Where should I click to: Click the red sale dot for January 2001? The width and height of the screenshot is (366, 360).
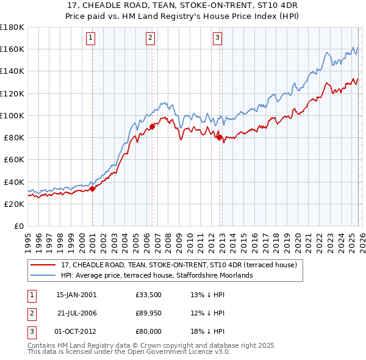92,189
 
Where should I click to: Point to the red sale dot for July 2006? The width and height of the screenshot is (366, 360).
152,126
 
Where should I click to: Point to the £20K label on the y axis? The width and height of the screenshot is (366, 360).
14,204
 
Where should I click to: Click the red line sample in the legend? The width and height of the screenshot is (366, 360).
43,265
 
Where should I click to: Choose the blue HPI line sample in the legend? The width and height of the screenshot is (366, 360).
43,275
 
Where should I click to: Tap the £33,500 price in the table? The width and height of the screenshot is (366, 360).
149,295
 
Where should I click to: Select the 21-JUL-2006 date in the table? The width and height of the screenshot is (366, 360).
76,313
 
